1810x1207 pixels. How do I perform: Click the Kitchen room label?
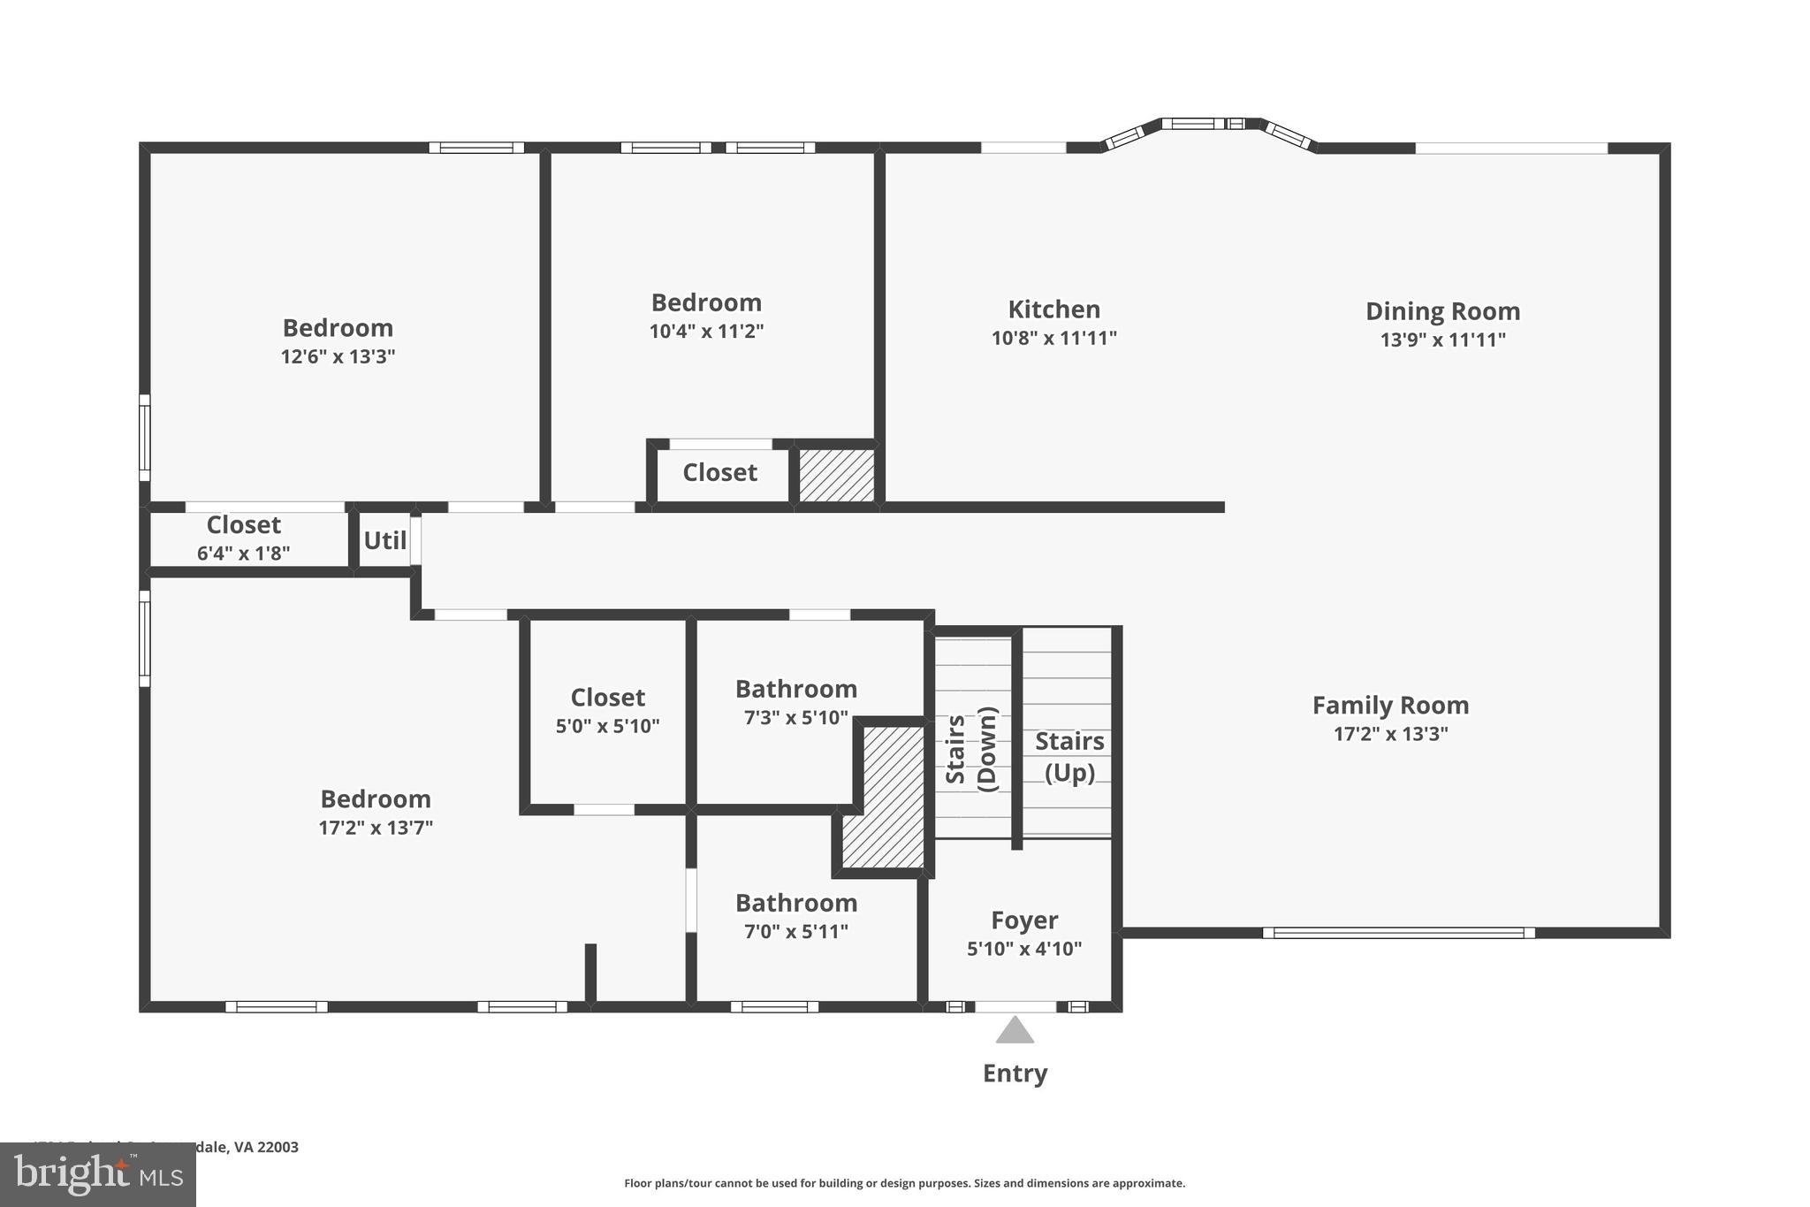[1053, 309]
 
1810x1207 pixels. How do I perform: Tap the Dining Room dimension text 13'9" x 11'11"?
[1442, 340]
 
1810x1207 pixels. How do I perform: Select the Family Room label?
[1390, 706]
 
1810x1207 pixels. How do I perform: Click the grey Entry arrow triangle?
[1015, 1031]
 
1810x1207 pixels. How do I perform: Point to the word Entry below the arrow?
[1015, 1073]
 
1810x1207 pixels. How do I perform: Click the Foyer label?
[1024, 921]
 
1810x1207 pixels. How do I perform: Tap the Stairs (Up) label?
[1069, 756]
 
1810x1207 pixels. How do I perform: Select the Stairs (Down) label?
[971, 749]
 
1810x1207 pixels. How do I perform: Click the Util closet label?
[385, 540]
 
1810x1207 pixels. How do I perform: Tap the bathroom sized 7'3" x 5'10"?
[795, 702]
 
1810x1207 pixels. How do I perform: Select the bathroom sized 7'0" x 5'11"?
[795, 916]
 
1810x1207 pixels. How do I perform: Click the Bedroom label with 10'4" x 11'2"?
[706, 303]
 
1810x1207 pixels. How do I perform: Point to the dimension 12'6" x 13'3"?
[338, 356]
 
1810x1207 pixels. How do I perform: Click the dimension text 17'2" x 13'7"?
[376, 828]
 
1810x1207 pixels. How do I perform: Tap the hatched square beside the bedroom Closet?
[836, 476]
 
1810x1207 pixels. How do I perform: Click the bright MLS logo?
[98, 1175]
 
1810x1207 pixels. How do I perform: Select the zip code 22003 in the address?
[278, 1147]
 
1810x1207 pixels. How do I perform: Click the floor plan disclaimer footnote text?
[904, 1183]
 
